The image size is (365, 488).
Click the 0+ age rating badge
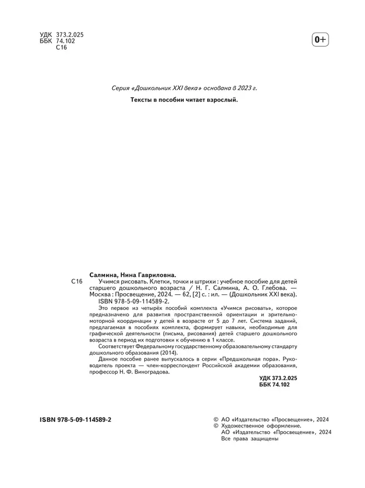click(x=320, y=39)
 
